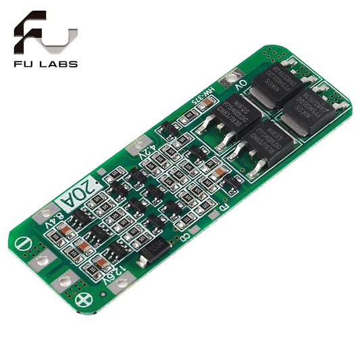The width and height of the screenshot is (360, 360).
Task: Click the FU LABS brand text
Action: point(45,64)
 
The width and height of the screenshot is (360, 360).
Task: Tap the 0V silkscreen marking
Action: point(242,86)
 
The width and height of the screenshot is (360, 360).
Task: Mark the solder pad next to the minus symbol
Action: point(42,260)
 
